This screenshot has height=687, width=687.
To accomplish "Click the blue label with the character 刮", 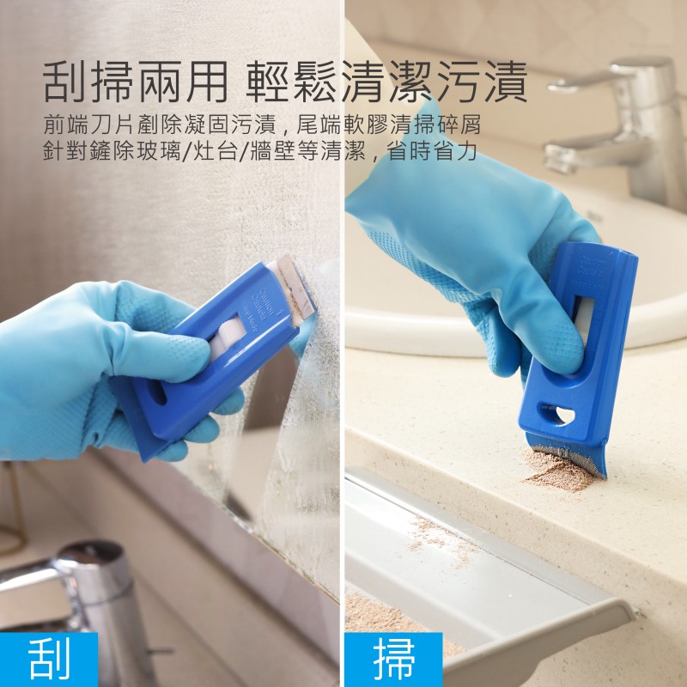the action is (x=48, y=660).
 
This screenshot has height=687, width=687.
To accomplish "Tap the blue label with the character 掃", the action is (x=393, y=660).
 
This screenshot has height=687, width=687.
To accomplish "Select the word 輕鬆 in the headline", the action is (x=292, y=82).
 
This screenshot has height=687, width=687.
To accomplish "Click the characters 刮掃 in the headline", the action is (x=89, y=82).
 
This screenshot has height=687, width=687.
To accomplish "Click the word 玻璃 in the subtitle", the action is (x=158, y=151).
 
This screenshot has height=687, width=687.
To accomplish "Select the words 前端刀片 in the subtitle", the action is (x=89, y=125).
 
